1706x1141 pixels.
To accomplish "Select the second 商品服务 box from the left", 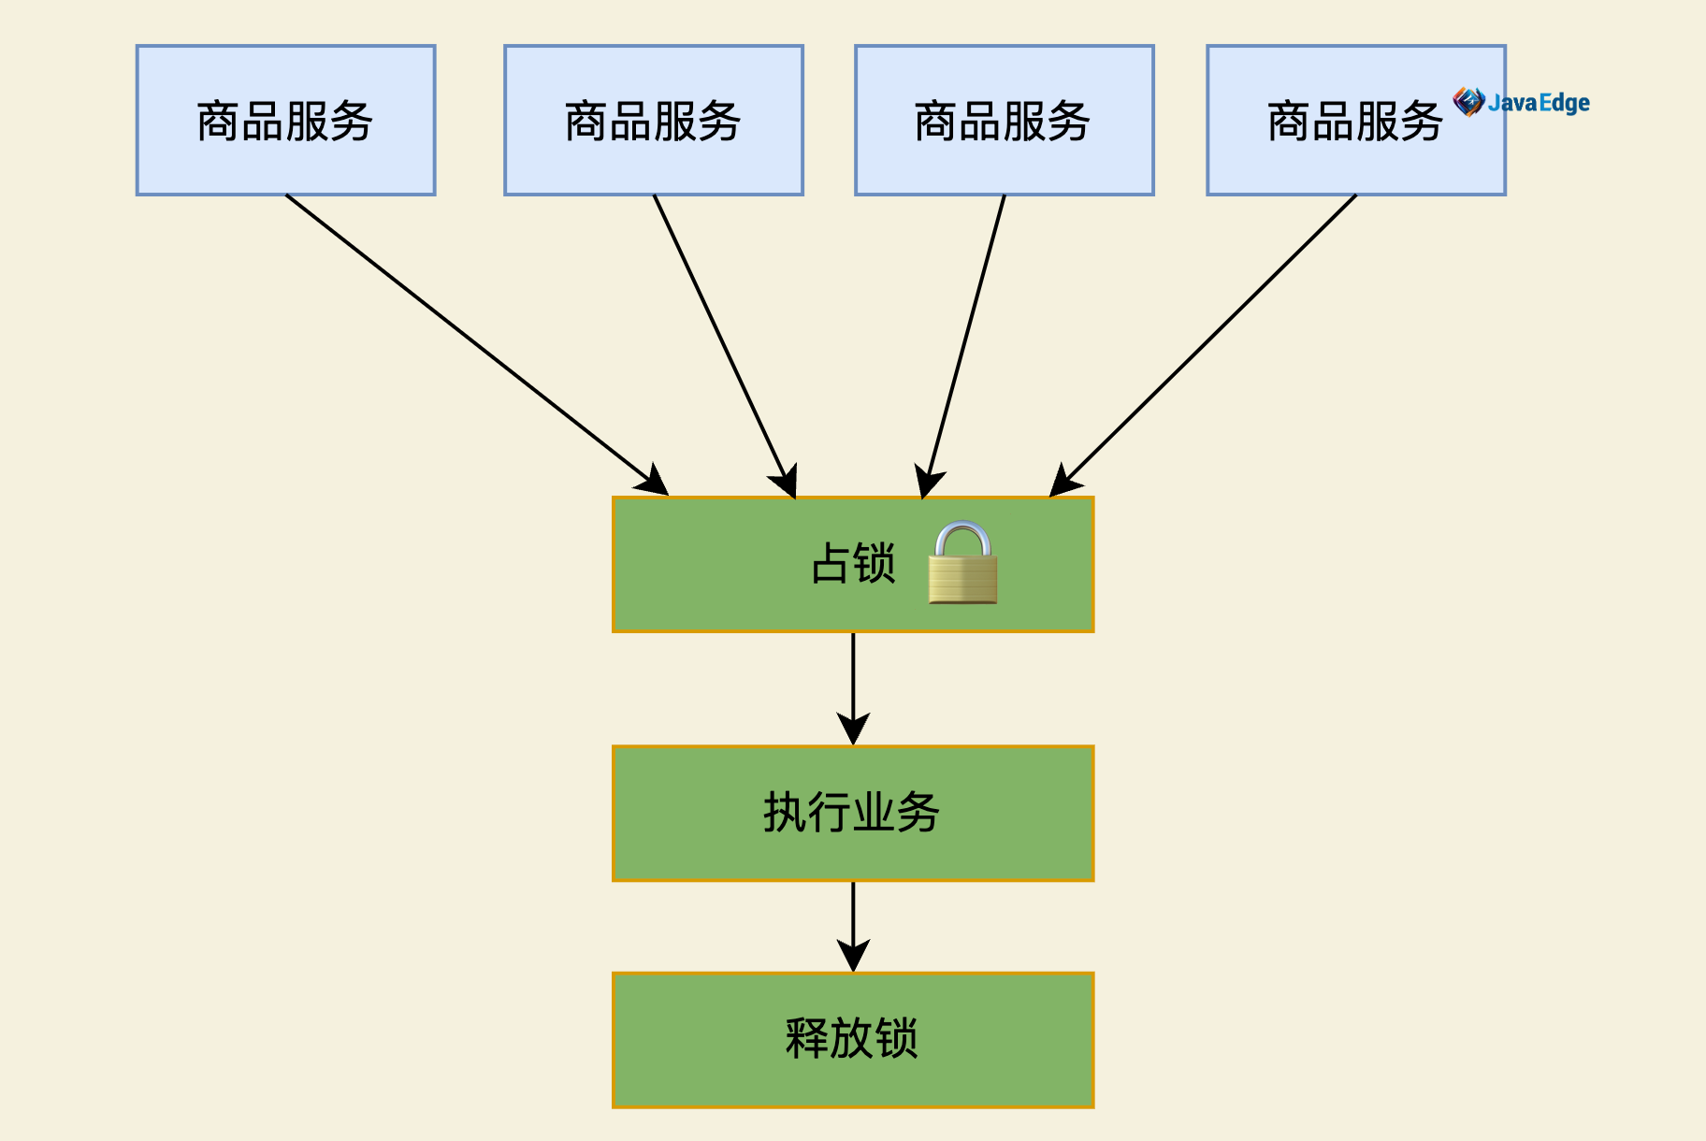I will tap(653, 120).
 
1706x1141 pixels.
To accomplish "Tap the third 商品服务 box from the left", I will tap(1004, 120).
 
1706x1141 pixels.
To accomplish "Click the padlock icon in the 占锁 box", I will tap(962, 564).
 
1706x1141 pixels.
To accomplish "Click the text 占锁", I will tap(853, 564).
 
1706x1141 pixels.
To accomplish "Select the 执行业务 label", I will tap(851, 812).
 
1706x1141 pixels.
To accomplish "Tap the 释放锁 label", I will tap(851, 1038).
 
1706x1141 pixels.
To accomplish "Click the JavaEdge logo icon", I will tap(1468, 101).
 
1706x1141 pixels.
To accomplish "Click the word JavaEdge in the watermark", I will tap(1539, 102).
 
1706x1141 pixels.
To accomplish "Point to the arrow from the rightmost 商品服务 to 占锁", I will tap(1207, 341).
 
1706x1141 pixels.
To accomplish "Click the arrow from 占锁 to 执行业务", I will tap(853, 678).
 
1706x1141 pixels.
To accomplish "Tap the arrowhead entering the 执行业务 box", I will tap(853, 729).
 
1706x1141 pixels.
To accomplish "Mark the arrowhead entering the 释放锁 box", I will tap(853, 956).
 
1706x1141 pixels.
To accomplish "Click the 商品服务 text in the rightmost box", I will tap(1354, 122).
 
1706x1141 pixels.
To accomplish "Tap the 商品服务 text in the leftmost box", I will tap(285, 122).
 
